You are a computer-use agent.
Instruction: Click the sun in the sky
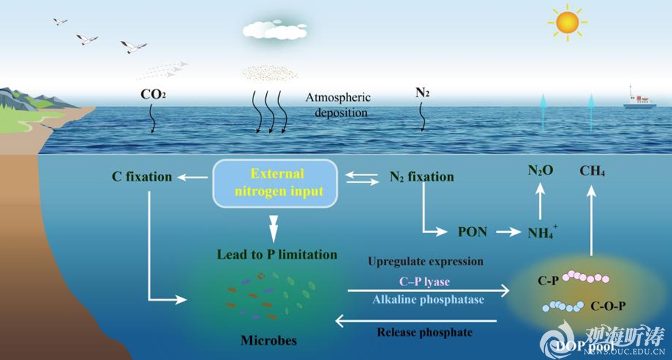[567, 23]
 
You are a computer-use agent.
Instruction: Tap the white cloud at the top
[274, 29]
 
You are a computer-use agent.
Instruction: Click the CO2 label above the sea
[153, 95]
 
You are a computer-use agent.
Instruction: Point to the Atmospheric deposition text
[338, 105]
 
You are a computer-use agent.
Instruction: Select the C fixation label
[142, 177]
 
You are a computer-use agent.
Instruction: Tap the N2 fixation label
[421, 177]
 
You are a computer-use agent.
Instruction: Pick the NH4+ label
[542, 232]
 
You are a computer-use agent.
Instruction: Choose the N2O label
[540, 172]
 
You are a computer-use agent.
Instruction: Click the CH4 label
[592, 172]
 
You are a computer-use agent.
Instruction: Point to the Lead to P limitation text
[277, 255]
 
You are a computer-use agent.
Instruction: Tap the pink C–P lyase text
[425, 281]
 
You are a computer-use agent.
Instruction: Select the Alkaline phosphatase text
[428, 300]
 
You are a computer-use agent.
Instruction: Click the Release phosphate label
[424, 332]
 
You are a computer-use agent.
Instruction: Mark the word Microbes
[269, 340]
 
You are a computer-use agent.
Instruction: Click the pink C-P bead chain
[585, 277]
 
